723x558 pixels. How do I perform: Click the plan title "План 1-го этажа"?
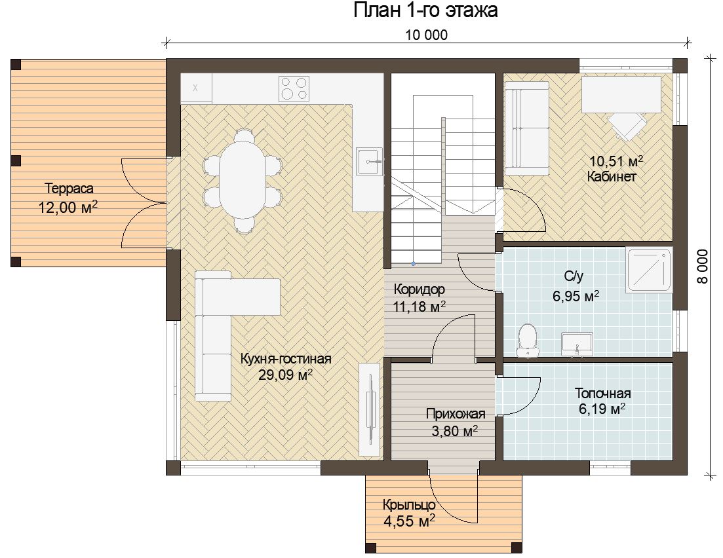tap(425, 10)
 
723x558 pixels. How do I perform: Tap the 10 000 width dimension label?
tap(427, 35)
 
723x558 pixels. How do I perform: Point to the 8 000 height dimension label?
tap(702, 267)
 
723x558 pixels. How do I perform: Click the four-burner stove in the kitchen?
tap(294, 88)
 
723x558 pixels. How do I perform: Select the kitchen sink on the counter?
tap(369, 161)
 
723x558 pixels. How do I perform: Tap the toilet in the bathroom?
tap(528, 340)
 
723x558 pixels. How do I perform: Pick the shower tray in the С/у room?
tap(649, 270)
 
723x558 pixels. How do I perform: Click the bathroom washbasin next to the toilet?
tap(577, 344)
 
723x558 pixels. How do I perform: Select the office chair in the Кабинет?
tap(627, 124)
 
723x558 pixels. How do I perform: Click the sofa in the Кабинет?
tap(527, 128)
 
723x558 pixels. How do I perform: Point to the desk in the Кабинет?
tap(621, 94)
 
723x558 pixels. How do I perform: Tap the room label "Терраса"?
tap(69, 189)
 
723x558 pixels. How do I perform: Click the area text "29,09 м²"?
tap(285, 375)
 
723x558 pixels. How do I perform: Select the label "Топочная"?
tap(602, 394)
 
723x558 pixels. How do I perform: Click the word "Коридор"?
tap(419, 289)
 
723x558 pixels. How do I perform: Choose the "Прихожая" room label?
tap(456, 414)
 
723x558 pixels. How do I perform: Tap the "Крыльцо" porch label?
tap(409, 505)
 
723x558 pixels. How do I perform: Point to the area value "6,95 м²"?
tap(576, 295)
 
